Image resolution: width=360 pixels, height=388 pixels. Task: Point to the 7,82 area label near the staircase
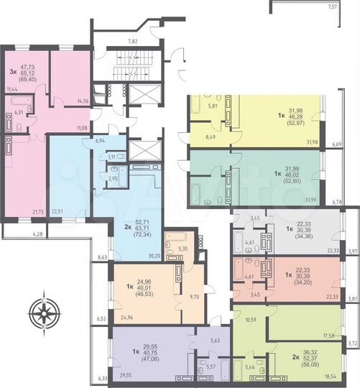pos(132,42)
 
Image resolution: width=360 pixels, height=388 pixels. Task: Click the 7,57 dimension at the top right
pos(332,6)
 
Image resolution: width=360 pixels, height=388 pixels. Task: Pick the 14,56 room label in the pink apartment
pos(82,101)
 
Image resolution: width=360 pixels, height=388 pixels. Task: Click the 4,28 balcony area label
pos(19,234)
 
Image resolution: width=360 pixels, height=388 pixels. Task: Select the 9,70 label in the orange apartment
pos(192,296)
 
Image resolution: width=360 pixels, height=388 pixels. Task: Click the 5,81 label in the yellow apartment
pos(213,106)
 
